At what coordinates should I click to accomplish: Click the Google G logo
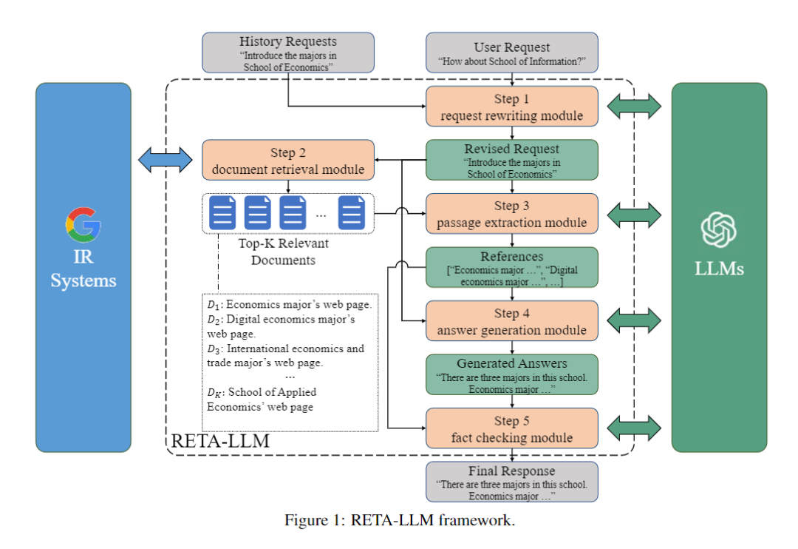83,224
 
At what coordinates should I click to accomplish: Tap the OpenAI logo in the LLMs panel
718,230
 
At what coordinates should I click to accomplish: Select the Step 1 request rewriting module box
511,107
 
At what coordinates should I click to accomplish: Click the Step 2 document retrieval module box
288,161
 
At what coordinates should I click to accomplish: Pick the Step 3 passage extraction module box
511,214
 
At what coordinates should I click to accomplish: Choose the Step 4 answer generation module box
511,321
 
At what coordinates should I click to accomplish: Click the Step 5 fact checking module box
511,428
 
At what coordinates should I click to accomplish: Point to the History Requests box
288,53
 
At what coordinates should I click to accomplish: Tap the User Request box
511,53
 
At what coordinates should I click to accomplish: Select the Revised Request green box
511,161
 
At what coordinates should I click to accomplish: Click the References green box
511,268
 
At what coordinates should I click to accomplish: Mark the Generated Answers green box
511,375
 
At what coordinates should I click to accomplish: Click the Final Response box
511,482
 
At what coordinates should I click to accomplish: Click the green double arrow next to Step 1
633,107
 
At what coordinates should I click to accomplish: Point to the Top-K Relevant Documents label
284,252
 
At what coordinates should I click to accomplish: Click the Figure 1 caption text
399,520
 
